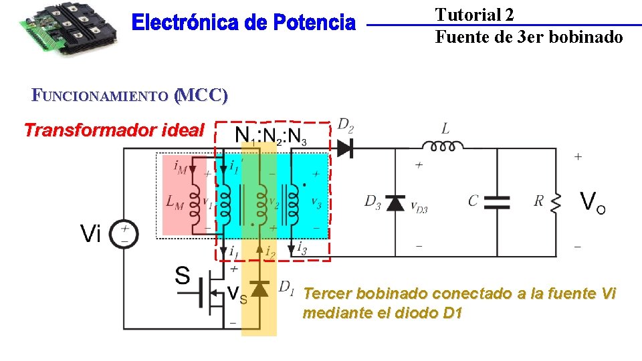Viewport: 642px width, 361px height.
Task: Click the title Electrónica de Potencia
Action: click(243, 24)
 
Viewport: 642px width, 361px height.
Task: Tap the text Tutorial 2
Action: click(474, 15)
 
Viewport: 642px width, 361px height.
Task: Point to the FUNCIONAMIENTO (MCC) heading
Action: click(130, 96)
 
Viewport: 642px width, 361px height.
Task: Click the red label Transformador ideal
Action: click(114, 130)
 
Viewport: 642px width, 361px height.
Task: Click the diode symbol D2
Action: click(345, 148)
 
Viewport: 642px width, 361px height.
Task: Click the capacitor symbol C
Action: click(496, 203)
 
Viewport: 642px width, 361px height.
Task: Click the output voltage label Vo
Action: click(593, 202)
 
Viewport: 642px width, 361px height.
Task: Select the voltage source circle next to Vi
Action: click(124, 235)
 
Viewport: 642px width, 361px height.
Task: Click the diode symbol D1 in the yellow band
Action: click(259, 288)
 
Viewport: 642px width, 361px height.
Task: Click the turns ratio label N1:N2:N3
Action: click(272, 136)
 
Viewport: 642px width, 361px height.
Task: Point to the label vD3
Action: click(419, 208)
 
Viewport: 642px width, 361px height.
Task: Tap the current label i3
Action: click(303, 249)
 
